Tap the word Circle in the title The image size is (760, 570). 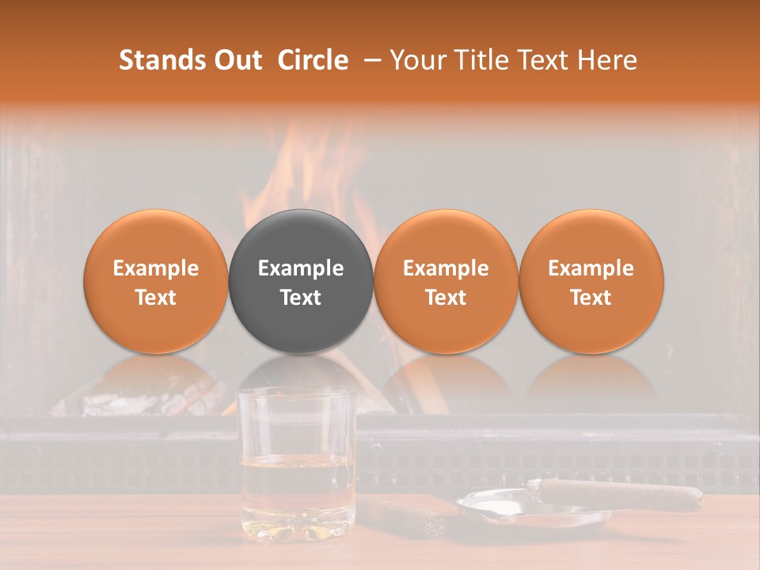313,60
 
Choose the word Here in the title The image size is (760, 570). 608,60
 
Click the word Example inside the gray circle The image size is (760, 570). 301,268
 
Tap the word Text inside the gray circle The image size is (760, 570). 301,298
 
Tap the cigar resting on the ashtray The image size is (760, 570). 617,493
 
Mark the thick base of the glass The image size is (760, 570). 297,529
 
